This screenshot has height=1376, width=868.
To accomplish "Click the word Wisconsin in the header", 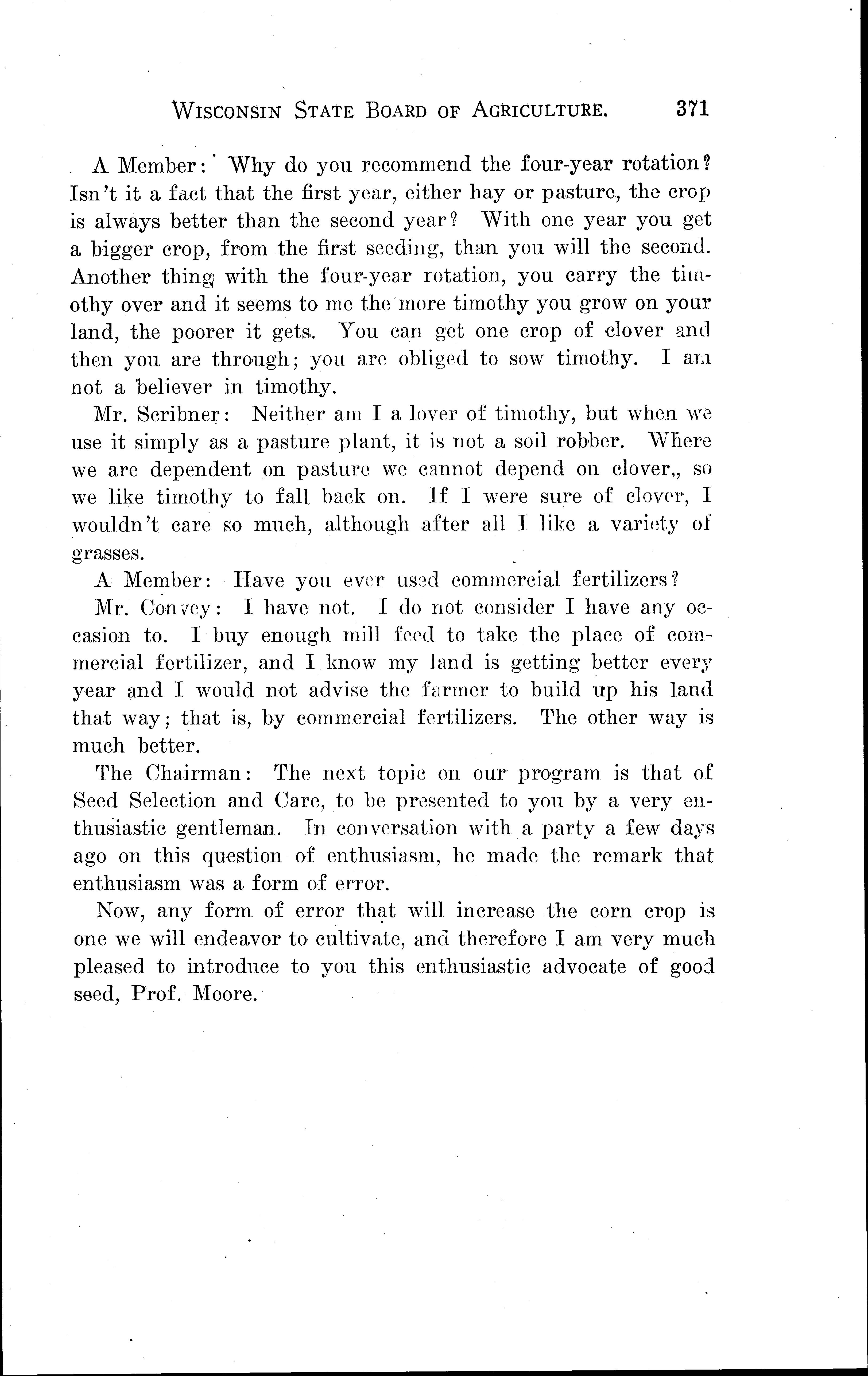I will pyautogui.click(x=227, y=110).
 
